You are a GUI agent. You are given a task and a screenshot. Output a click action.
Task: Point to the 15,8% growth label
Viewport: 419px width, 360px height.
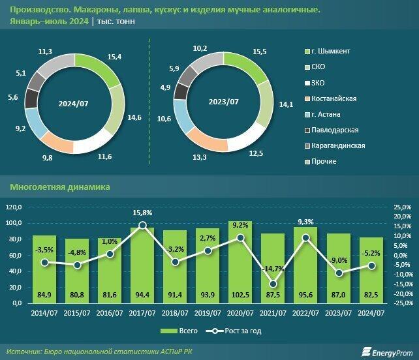tap(142, 213)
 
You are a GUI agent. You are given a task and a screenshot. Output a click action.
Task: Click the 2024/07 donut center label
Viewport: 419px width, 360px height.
tap(73, 102)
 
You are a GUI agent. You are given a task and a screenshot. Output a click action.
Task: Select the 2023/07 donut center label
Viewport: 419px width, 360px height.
tap(222, 102)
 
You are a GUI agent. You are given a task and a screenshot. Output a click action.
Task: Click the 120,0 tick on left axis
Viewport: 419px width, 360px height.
tap(31, 207)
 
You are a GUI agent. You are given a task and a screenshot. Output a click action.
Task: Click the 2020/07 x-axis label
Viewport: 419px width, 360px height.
tap(240, 312)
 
